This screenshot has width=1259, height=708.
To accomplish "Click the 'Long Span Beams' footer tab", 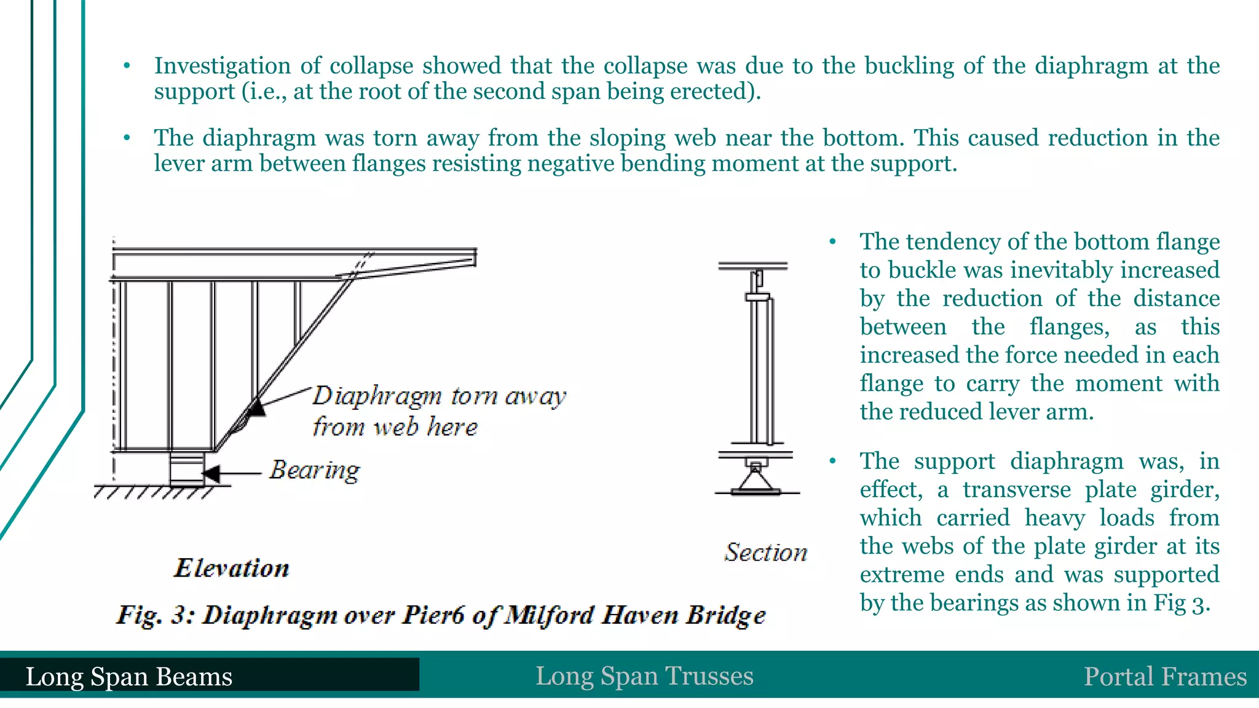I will point(129,677).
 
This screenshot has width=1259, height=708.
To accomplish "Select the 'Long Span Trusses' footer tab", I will point(644,676).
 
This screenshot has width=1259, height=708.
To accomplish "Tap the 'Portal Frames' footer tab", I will point(1165,677).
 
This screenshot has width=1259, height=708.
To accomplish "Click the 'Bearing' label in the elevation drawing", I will point(315,471).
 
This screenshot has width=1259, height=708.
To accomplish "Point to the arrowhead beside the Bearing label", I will point(211,474).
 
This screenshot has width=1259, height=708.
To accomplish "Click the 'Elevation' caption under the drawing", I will point(232,568).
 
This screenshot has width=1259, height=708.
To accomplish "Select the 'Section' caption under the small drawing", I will point(765,553).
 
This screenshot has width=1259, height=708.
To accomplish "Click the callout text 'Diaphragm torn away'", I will point(439,396).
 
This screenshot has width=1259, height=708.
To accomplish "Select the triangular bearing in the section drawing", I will point(756,479).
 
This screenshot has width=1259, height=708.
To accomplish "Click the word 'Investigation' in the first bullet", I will point(222,66).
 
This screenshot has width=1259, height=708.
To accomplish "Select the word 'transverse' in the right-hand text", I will point(1017,490).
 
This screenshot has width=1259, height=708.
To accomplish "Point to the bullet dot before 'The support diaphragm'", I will point(832,461).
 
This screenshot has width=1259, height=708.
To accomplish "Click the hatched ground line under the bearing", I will point(154,492).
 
